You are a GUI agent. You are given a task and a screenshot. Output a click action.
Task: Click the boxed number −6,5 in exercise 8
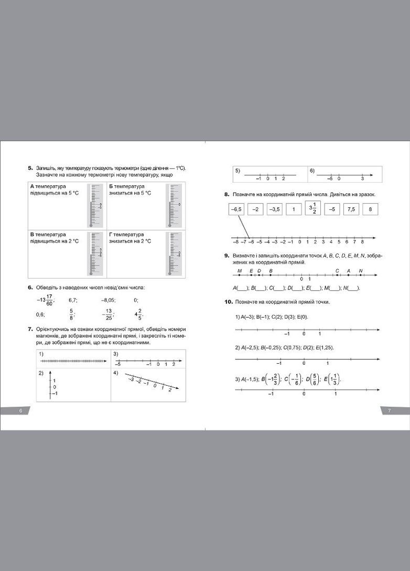tap(237, 209)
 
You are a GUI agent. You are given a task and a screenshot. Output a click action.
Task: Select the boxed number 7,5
tap(351, 209)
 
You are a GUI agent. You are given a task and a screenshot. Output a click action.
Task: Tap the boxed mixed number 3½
tap(312, 208)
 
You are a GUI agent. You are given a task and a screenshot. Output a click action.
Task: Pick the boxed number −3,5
tap(275, 209)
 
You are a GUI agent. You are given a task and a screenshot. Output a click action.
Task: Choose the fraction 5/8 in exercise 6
tap(72, 314)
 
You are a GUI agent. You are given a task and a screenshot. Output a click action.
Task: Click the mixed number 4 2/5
tap(138, 315)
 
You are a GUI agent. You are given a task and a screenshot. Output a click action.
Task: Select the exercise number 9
tap(226, 256)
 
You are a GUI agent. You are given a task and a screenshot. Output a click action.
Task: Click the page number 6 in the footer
tap(20, 410)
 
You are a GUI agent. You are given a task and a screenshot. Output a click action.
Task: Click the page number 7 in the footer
tap(390, 410)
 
